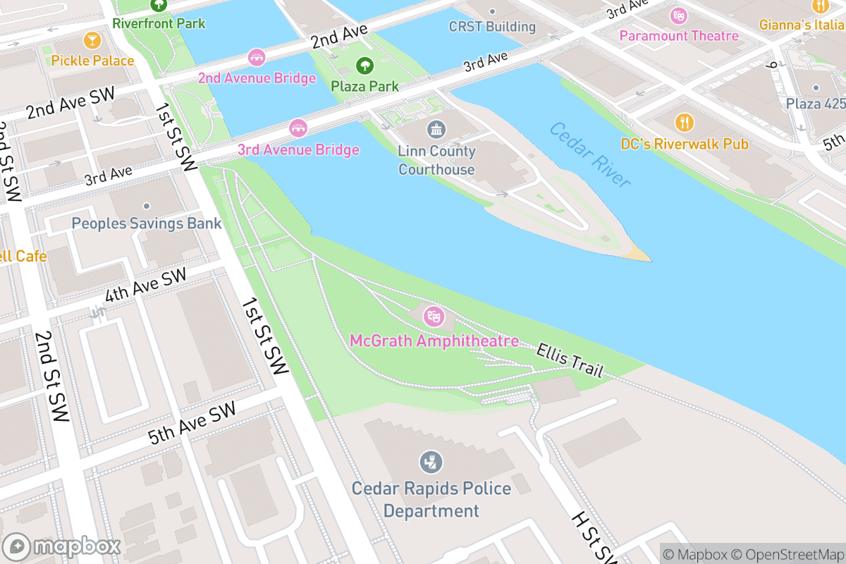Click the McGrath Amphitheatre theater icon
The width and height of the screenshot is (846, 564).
pos(434,316)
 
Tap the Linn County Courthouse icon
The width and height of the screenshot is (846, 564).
pos(436,130)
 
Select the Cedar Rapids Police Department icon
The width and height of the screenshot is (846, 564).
pos(431,462)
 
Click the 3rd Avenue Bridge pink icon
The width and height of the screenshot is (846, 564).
pos(298,128)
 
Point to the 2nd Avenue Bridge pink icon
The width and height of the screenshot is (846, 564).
pos(257,56)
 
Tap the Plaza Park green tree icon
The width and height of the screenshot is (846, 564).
pos(364,66)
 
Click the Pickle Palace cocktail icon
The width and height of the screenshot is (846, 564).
pos(92,39)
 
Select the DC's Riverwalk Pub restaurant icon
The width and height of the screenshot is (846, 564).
pos(684,123)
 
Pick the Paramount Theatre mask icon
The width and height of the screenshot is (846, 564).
pos(679,15)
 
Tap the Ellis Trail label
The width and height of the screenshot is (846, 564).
pos(570,360)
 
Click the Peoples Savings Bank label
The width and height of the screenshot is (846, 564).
pos(147,223)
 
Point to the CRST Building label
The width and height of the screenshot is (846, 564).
pos(492,27)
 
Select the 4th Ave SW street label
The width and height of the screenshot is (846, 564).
pos(145,286)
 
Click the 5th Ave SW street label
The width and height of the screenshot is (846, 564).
pos(191,423)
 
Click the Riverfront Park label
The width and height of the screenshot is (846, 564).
pos(159,23)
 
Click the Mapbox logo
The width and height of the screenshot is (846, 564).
pos(62,547)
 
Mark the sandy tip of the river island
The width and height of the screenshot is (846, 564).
pos(639,252)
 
